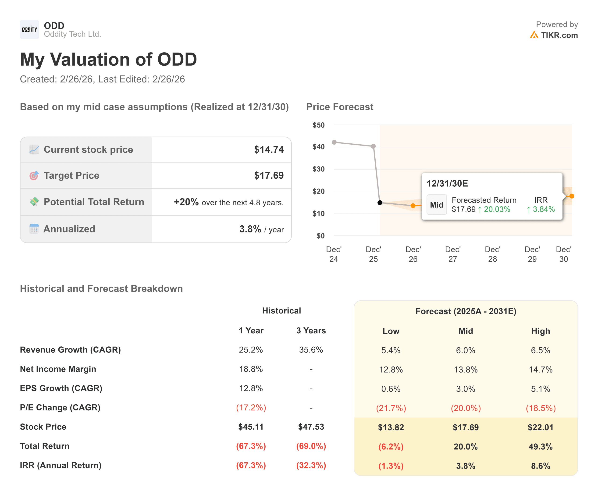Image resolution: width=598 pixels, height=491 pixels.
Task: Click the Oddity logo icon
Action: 29,29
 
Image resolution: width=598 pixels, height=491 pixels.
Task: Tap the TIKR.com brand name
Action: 559,35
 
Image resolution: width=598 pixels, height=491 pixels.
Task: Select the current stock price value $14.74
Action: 268,150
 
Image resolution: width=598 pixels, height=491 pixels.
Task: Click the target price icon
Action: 34,176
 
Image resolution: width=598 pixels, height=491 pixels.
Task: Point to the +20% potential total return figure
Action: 186,202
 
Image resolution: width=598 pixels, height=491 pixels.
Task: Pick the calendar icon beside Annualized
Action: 34,229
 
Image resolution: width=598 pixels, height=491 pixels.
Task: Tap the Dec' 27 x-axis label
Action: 453,254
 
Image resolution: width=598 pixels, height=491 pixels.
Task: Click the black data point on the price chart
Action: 380,203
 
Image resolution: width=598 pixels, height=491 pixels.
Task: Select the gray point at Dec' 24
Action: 334,142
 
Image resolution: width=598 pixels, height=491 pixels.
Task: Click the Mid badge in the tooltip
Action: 437,205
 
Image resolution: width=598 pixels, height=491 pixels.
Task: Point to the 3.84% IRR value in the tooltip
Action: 543,209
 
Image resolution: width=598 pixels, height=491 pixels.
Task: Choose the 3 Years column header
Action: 311,330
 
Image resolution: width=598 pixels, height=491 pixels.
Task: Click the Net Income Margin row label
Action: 58,369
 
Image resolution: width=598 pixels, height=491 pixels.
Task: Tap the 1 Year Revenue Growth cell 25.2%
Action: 251,350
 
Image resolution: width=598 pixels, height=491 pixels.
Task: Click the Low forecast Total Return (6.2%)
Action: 391,447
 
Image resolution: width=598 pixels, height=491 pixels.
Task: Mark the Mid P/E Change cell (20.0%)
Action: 466,408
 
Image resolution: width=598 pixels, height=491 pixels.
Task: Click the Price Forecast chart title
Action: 339,107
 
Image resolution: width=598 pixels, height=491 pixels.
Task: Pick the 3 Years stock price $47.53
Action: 311,427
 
